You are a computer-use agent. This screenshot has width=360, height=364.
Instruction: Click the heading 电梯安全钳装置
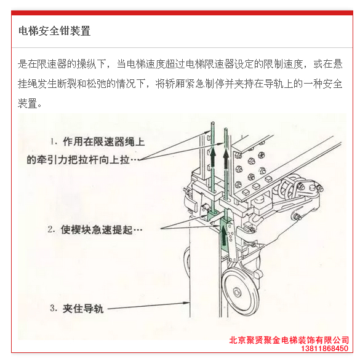[54, 31]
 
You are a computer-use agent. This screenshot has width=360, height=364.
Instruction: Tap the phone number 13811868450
[324, 348]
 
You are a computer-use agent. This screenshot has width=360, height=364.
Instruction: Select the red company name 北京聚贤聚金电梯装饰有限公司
[289, 340]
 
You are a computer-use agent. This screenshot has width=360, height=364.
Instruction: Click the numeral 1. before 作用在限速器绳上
[54, 141]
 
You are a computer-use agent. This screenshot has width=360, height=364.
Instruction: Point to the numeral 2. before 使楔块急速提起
[51, 229]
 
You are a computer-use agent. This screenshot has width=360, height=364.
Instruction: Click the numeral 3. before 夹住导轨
[53, 308]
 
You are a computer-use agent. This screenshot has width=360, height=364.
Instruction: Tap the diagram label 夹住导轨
[83, 309]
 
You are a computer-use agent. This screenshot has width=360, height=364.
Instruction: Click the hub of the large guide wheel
[237, 292]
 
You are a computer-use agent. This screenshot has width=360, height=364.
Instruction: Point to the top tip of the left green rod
[212, 122]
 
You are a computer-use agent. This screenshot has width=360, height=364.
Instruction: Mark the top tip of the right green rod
[226, 129]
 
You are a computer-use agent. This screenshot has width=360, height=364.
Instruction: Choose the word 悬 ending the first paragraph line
[337, 63]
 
